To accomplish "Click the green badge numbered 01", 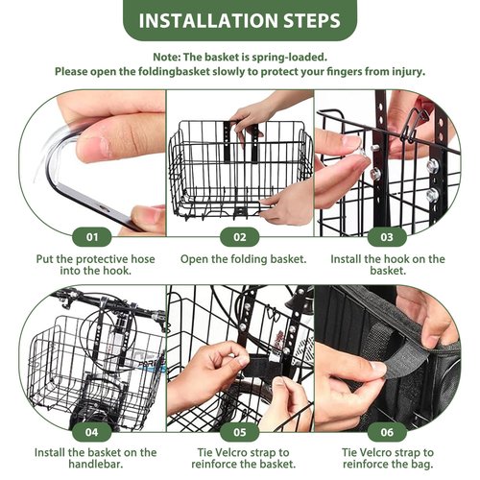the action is coord(92,237).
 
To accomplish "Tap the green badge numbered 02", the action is coord(240,237).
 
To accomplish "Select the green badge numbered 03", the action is coord(387,237).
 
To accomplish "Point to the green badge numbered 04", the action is coord(92,432).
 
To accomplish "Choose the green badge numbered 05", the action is coord(240,432).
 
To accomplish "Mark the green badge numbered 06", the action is coord(387,432).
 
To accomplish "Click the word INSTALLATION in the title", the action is coord(208,20).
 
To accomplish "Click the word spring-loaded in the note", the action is coord(289,58).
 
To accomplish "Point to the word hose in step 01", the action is coord(142,259).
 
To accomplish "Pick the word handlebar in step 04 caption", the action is coord(96,464).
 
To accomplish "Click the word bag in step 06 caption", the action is coord(423,464).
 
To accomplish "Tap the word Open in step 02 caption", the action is coord(193,259).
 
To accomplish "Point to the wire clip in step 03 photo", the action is coord(412,125).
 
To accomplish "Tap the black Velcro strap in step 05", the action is coord(260,366).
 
